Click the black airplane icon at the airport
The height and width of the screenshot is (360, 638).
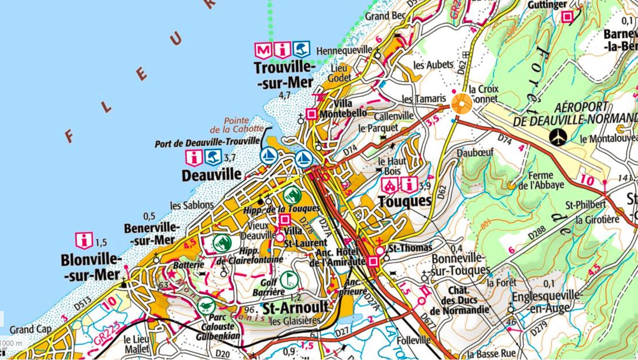point(559,137)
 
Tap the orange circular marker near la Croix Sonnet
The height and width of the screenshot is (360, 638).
point(461,104)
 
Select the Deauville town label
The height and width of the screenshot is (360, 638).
point(211,175)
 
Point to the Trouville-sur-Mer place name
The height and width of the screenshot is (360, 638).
point(284,75)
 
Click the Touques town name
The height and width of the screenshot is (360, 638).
point(405,201)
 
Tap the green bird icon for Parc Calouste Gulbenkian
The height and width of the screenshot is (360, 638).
point(206,305)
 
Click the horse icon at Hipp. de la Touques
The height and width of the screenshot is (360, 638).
point(292,195)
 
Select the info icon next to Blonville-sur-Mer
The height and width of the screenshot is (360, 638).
point(84,241)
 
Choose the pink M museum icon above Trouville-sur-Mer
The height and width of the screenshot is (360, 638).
point(263,49)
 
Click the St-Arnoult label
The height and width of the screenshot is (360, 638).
point(295,307)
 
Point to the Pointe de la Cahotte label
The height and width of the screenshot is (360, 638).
point(237,125)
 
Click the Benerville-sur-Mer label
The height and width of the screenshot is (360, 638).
point(152,234)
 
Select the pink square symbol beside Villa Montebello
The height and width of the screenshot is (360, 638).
point(312,113)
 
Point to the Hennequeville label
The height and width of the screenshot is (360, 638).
point(344,50)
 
